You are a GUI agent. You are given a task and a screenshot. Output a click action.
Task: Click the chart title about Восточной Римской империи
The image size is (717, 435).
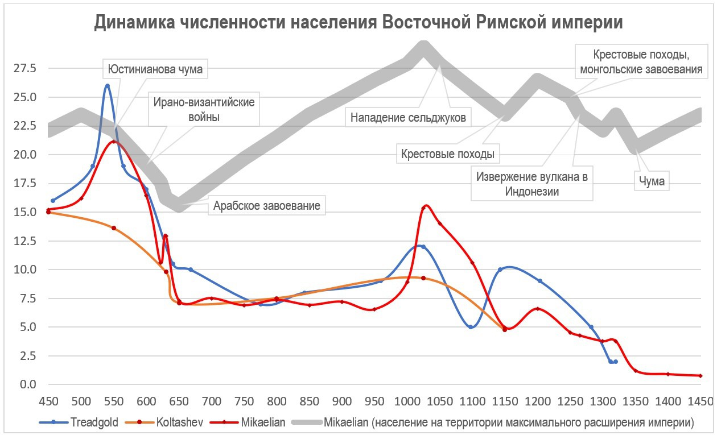(358, 23)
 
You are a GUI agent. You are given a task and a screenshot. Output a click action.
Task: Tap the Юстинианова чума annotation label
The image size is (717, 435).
(156, 70)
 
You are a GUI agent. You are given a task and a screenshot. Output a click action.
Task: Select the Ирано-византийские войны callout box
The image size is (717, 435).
(203, 110)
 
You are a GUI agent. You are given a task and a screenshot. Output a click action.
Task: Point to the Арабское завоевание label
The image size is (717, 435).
(267, 205)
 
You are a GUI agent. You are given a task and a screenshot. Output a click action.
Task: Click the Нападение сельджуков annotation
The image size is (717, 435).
(408, 118)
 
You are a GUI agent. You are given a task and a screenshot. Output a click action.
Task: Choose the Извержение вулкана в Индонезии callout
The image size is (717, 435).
(531, 184)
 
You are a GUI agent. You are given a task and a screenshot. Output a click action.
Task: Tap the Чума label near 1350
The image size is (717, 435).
(651, 183)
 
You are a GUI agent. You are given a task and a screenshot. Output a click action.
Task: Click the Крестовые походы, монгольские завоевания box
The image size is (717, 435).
(640, 63)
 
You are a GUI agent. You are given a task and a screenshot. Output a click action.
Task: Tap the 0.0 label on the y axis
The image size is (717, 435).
(27, 384)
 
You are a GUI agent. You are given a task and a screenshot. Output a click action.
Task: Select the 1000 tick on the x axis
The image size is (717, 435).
(407, 400)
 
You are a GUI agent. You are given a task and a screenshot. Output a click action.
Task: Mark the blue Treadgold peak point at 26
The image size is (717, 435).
(107, 86)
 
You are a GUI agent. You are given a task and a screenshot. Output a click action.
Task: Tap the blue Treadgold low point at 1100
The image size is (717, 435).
(471, 327)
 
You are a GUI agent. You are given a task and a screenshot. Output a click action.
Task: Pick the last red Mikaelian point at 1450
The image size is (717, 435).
(700, 376)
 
